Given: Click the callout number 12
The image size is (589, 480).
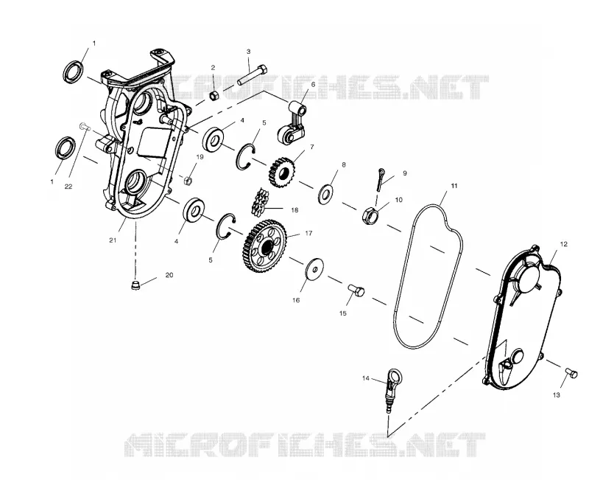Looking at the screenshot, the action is tap(563, 244).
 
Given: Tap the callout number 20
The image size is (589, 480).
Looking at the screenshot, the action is tap(169, 275).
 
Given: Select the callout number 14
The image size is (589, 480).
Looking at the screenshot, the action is tap(366, 378).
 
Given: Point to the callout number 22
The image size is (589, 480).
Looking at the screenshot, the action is tap(68, 187).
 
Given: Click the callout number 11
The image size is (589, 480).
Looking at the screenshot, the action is tap(454, 186).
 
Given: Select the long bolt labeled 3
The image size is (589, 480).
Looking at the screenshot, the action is tap(253, 76).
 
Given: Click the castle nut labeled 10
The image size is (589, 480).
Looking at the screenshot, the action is tap(370, 215).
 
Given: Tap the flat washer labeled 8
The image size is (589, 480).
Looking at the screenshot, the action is tap(325, 194).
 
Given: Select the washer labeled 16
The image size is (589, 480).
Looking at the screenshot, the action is tap(314, 269).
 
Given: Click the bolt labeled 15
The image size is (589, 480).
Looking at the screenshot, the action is tap(356, 290).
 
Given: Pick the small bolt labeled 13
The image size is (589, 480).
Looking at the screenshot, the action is tap(571, 373).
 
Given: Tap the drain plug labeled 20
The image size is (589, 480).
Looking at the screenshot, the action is tap(136, 285).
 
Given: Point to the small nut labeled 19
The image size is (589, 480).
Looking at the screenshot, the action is tap(188, 180).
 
